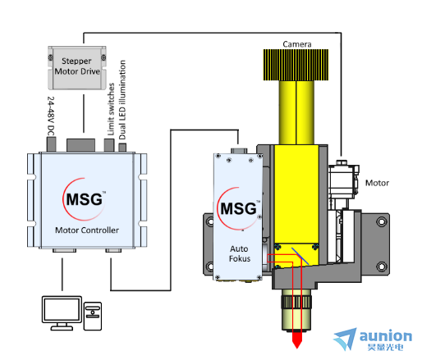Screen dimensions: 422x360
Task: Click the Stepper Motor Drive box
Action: [77, 68]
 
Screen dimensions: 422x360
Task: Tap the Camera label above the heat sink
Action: [297, 44]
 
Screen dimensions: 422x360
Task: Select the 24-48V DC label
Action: [51, 116]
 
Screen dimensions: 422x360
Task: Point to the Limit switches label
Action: [111, 109]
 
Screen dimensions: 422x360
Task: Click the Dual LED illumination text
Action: [122, 100]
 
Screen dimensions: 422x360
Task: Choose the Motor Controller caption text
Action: [87, 230]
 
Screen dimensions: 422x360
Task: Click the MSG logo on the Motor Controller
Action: [85, 199]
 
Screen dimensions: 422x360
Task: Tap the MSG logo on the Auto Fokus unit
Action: [239, 208]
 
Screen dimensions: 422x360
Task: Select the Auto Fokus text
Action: [240, 253]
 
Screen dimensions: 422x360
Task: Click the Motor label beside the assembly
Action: [377, 183]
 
